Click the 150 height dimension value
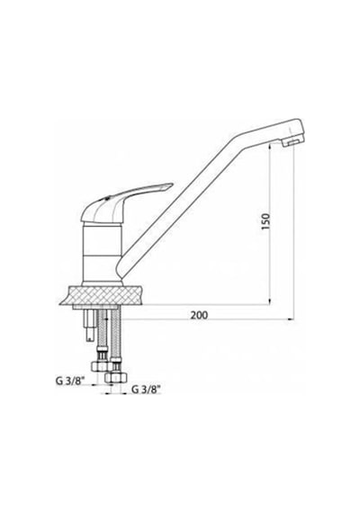[x=266, y=221]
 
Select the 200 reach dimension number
[x=199, y=315]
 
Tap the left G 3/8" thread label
[x=70, y=381]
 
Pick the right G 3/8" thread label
[x=147, y=390]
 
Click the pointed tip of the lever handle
[x=172, y=184]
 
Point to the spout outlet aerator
[x=291, y=142]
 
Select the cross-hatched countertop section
[x=102, y=295]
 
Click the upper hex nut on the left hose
[x=99, y=366]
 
